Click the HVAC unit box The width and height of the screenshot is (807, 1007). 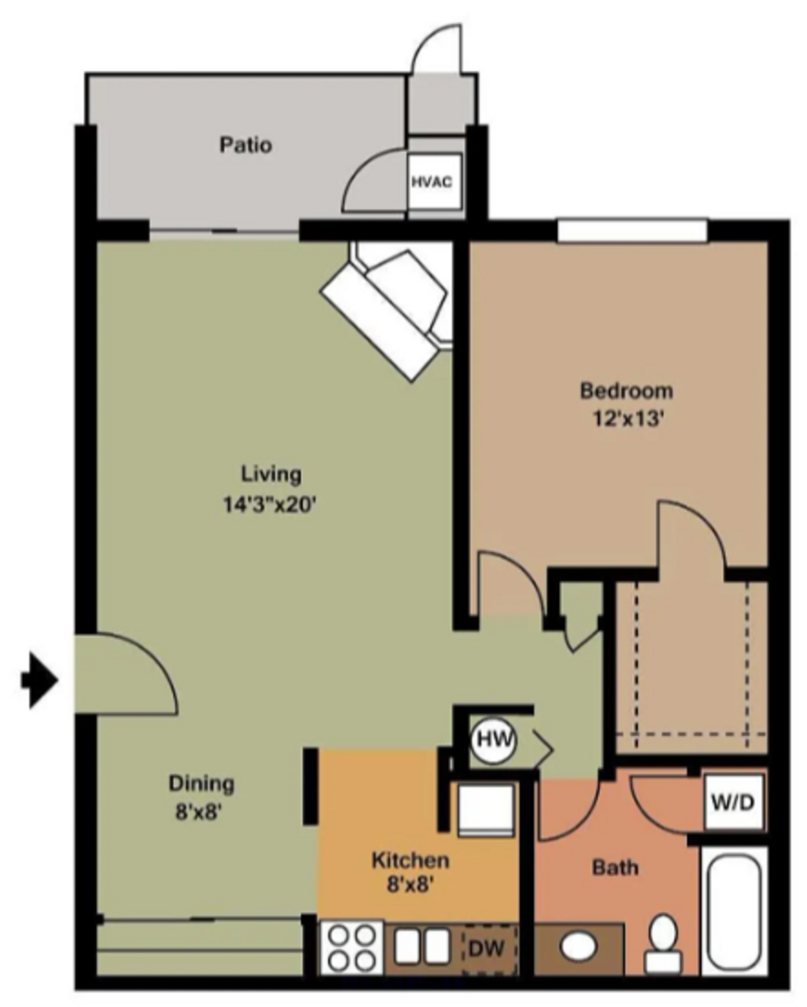[434, 181]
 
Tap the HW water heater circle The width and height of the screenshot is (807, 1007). [494, 740]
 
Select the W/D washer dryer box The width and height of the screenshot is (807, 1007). [732, 802]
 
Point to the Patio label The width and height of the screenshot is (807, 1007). [246, 145]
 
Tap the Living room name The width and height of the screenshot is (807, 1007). [271, 474]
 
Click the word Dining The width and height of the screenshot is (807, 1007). [201, 784]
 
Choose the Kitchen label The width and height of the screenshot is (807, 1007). [410, 861]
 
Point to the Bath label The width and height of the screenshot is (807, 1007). [615, 868]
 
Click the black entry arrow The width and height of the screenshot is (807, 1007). [39, 680]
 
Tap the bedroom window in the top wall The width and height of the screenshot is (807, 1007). [632, 231]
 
